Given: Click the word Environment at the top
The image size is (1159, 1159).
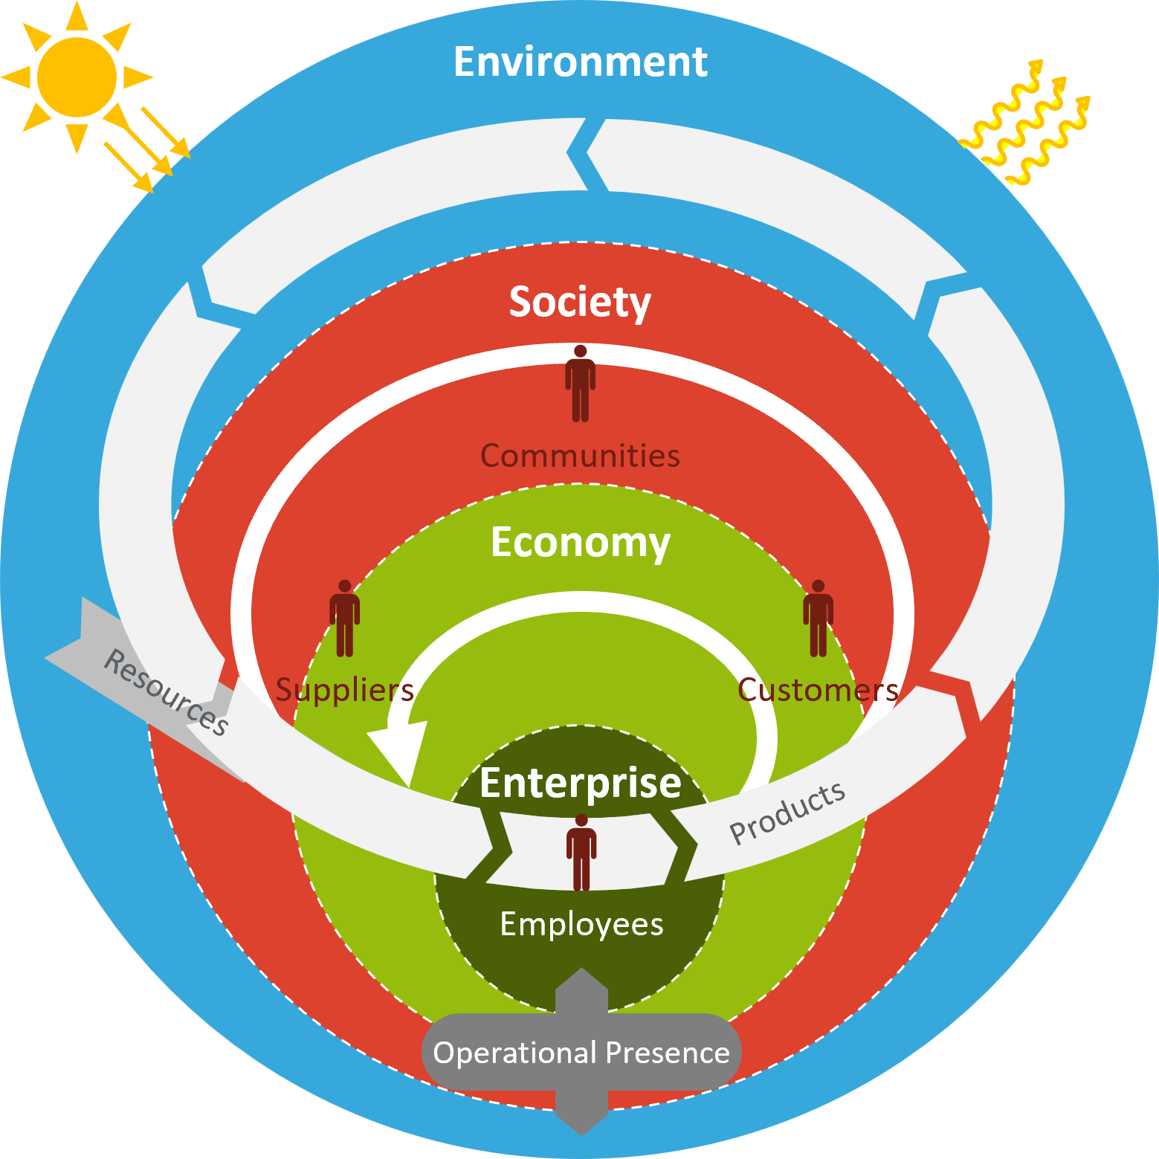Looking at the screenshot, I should (x=580, y=62).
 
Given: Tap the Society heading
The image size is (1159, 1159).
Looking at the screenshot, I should (x=580, y=302).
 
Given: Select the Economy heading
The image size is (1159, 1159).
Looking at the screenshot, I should (x=580, y=542).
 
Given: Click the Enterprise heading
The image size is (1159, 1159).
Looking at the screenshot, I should (x=580, y=783).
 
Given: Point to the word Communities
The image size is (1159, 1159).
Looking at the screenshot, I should (x=580, y=456).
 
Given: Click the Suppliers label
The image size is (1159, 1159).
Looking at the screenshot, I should (x=344, y=690).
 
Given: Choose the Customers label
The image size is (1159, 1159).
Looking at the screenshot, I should (x=818, y=690).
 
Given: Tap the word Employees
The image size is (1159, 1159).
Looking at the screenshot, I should (x=581, y=924).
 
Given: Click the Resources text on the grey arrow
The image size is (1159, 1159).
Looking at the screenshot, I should (x=166, y=692).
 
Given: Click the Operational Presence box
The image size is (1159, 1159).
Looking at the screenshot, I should (x=581, y=1053).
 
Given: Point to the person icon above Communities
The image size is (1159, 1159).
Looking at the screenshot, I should (x=580, y=384).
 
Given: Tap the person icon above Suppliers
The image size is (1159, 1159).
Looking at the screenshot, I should (x=344, y=619).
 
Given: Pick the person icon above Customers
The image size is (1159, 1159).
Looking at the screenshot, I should (x=818, y=619).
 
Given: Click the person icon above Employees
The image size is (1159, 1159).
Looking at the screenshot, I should (x=581, y=852).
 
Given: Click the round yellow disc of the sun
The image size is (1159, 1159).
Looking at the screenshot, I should (x=77, y=77).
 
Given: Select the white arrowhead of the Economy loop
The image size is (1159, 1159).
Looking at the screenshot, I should (x=398, y=751).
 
